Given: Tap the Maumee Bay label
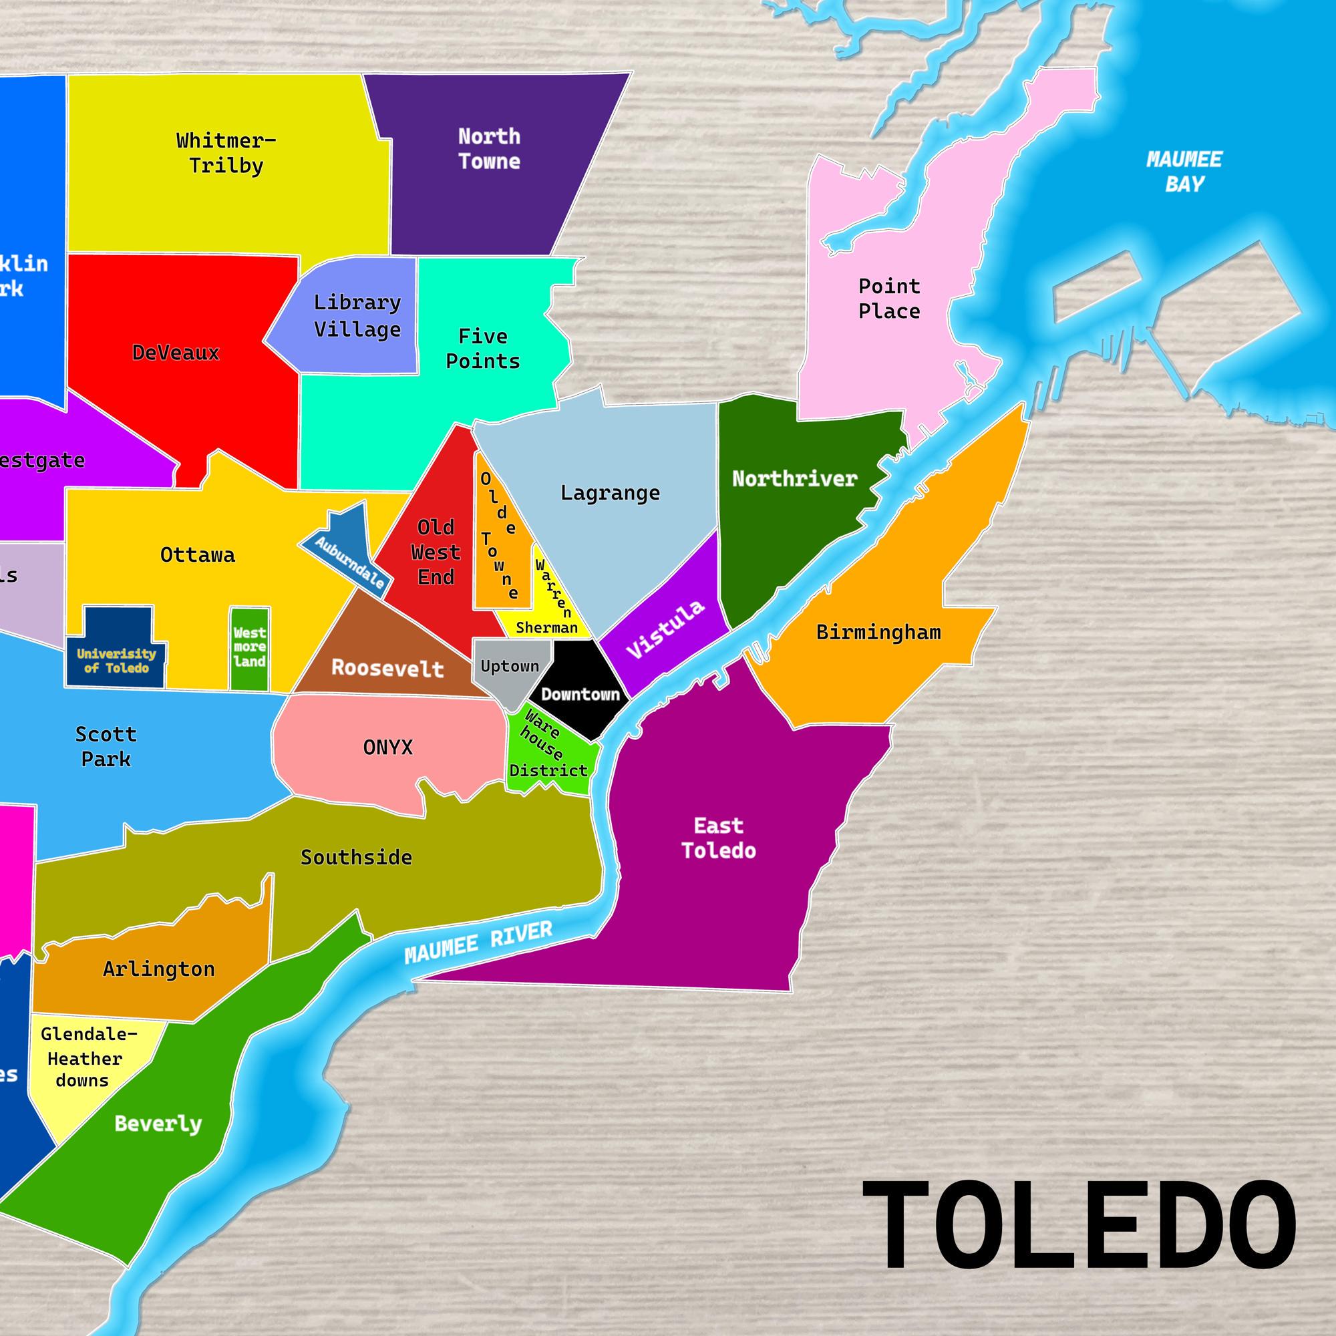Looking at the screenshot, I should pos(1184,172).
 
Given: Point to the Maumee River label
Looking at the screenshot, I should pos(478,943).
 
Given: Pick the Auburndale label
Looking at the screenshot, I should pos(349,562).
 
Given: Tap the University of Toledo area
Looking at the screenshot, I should pos(116,660).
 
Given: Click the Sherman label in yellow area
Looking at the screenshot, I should pos(546,627).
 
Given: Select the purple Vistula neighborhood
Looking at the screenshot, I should pos(665,629).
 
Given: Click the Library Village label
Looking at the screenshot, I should pos(357,316).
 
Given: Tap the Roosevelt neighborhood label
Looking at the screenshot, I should pos(387,668).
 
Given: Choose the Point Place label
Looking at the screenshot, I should pos(888,299).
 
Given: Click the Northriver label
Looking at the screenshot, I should pos(794,478).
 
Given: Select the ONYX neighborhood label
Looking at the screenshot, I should pos(387,747).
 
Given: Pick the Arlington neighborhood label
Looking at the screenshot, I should pos(158,969).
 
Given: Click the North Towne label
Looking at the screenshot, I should pos(489,149).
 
